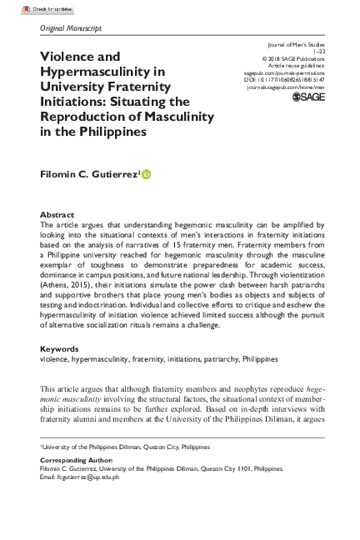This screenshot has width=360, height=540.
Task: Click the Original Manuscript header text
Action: tap(71, 28)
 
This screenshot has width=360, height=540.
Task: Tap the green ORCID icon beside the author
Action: tap(147, 173)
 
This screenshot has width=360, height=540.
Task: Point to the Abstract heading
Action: tap(57, 214)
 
